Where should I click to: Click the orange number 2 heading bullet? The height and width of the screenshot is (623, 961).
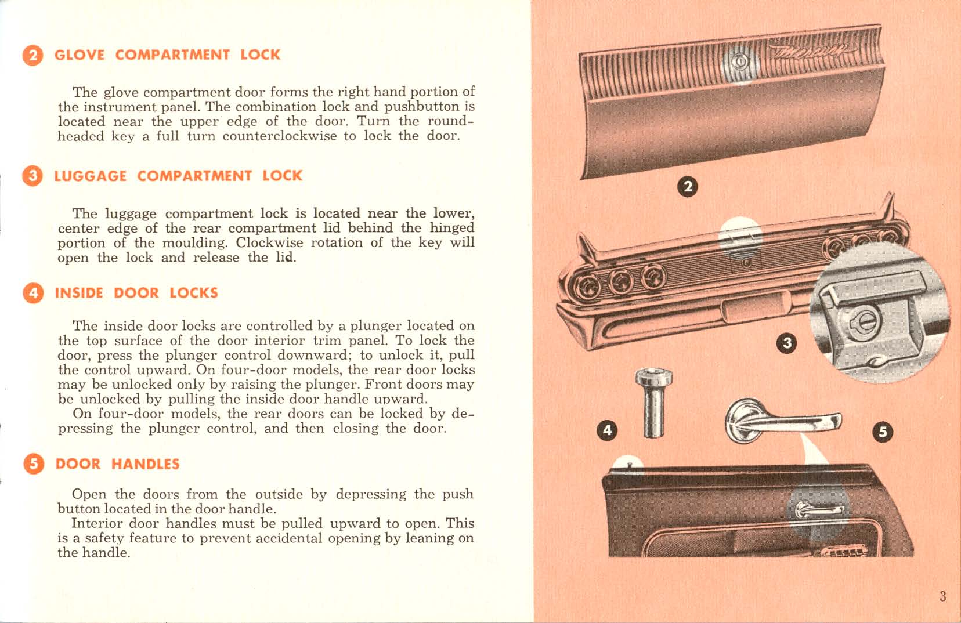[x=32, y=55]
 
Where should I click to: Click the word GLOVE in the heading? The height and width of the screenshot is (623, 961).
[x=80, y=55]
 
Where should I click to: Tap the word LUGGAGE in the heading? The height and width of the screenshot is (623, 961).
[x=90, y=176]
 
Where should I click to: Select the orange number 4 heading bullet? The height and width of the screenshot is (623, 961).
[x=32, y=293]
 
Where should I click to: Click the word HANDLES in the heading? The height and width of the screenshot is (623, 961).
[x=145, y=464]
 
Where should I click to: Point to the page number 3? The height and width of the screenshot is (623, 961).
[x=942, y=596]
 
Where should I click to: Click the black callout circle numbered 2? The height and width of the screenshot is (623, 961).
[x=688, y=187]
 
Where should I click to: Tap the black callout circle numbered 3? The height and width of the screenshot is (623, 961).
[x=787, y=343]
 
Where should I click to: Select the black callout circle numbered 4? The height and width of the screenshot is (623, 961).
[x=607, y=430]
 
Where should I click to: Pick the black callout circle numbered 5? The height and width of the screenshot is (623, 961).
[x=883, y=432]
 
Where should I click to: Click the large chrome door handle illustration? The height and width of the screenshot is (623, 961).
[x=778, y=421]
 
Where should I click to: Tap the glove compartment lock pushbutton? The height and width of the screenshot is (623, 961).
[x=739, y=61]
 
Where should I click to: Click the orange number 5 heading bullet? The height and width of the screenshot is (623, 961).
[x=33, y=464]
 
